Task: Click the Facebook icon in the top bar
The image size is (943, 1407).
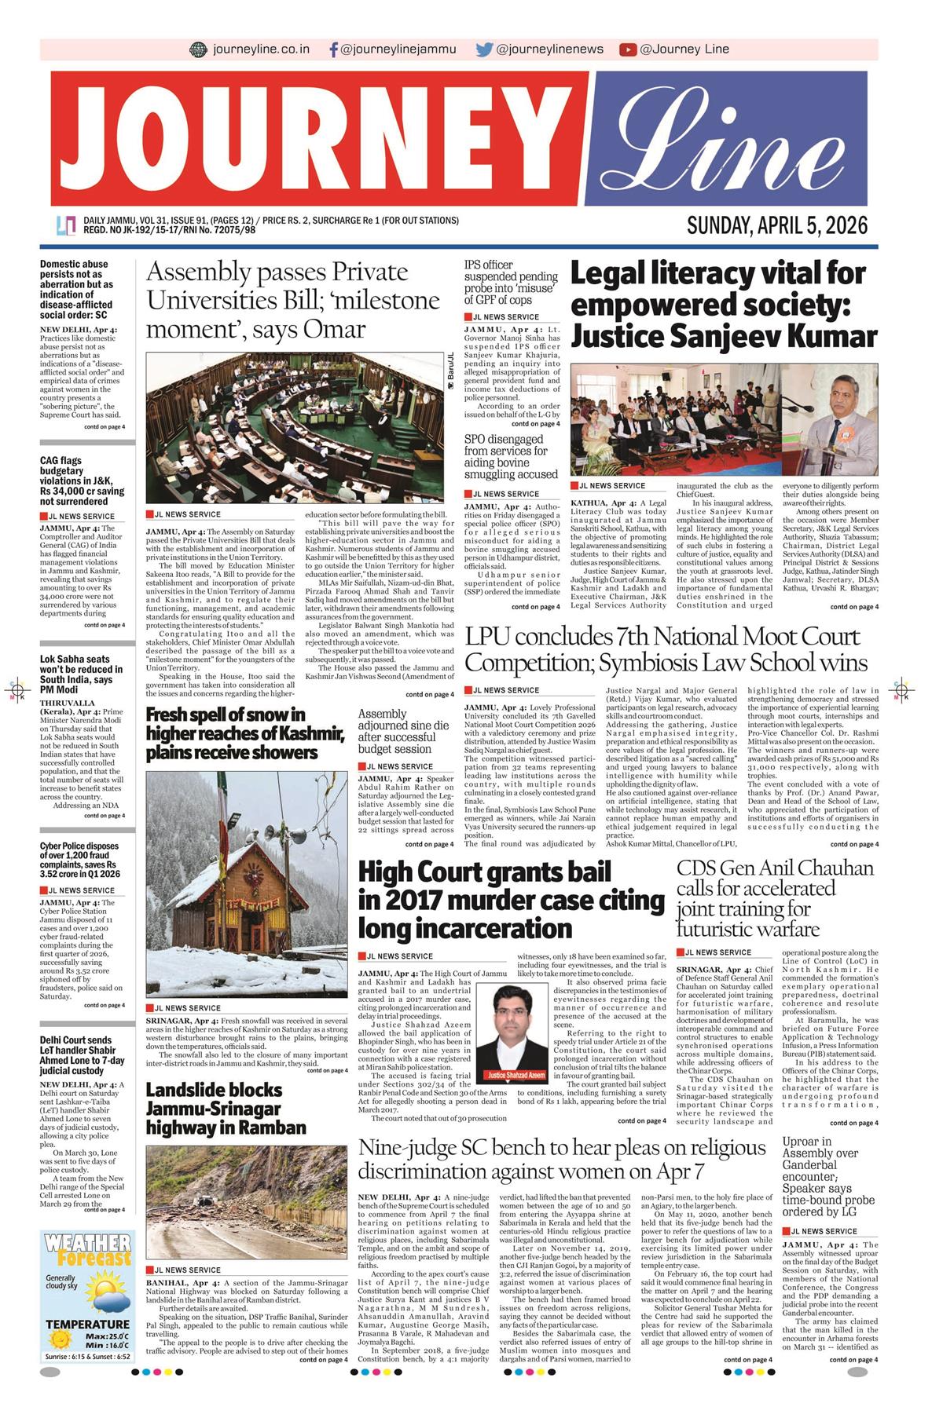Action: pos(334,49)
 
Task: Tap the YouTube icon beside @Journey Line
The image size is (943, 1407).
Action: pos(627,49)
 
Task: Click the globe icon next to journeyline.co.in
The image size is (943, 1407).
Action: pos(198,49)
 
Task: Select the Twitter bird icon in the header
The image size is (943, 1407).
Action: pos(484,49)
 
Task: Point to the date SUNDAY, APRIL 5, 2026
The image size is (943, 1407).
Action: pos(776,226)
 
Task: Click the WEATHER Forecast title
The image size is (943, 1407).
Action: pos(87,1250)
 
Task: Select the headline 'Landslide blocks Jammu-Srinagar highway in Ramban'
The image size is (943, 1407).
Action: pos(226,1109)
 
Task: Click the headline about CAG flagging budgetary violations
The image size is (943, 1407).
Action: pos(83,481)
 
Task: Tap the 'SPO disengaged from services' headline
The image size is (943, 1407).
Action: pos(511,456)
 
